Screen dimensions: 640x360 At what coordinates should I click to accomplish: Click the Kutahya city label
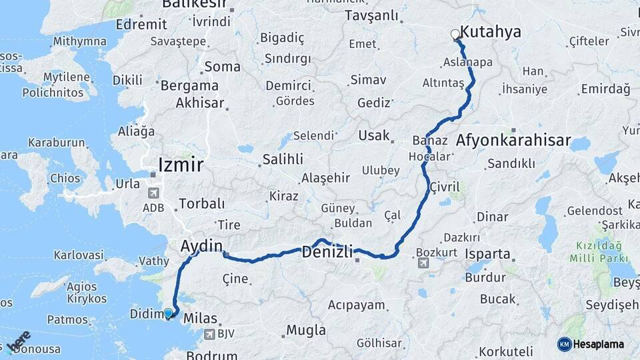491,32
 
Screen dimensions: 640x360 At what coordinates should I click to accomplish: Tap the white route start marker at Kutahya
455,34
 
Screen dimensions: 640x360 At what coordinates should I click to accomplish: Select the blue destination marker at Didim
168,313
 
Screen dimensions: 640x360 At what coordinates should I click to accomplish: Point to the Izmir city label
181,165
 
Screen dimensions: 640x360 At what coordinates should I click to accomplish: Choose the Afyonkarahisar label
513,141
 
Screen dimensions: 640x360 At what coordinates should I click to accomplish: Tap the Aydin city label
201,246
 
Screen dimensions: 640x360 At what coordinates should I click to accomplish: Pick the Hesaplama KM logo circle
564,344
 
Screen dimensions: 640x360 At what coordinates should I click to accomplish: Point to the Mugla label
306,330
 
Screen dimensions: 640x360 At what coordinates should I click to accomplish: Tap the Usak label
374,135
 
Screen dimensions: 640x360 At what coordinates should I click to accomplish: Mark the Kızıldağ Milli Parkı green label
599,251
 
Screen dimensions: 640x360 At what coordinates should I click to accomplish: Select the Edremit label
141,24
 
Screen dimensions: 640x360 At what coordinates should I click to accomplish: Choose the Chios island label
65,178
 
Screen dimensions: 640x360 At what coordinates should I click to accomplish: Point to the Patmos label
67,319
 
